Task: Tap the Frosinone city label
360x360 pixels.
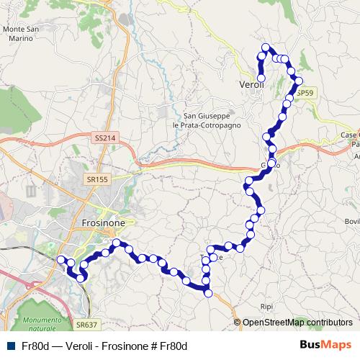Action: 104,223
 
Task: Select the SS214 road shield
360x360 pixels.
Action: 104,138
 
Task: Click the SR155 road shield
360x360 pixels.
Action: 98,179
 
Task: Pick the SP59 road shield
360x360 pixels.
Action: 305,94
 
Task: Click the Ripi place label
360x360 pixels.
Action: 266,306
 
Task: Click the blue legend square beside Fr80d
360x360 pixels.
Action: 9,346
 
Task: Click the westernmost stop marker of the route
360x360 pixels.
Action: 60,259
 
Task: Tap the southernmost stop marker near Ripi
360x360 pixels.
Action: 208,292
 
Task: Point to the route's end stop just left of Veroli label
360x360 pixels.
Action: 261,77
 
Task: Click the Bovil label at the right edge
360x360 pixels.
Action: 352,221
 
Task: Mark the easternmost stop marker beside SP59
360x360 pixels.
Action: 299,81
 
